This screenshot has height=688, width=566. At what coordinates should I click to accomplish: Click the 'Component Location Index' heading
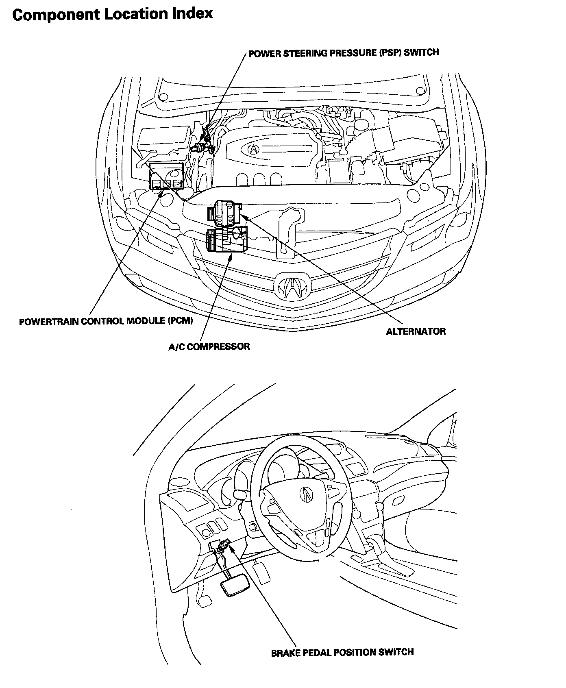[x=113, y=15]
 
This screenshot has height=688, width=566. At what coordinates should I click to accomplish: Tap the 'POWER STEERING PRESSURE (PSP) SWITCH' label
[x=344, y=52]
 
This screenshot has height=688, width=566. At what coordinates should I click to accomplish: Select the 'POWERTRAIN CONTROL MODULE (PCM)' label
[x=106, y=321]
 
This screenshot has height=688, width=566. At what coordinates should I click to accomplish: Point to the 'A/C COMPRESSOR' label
[x=209, y=346]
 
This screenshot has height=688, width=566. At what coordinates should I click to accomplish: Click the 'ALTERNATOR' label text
[x=416, y=331]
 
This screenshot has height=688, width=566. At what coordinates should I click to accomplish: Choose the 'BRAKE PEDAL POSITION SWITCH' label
[x=342, y=653]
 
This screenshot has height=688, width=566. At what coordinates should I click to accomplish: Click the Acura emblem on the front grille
[x=292, y=287]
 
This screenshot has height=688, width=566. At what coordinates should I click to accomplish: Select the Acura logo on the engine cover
[x=253, y=149]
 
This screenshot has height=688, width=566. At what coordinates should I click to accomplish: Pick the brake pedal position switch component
[x=223, y=546]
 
